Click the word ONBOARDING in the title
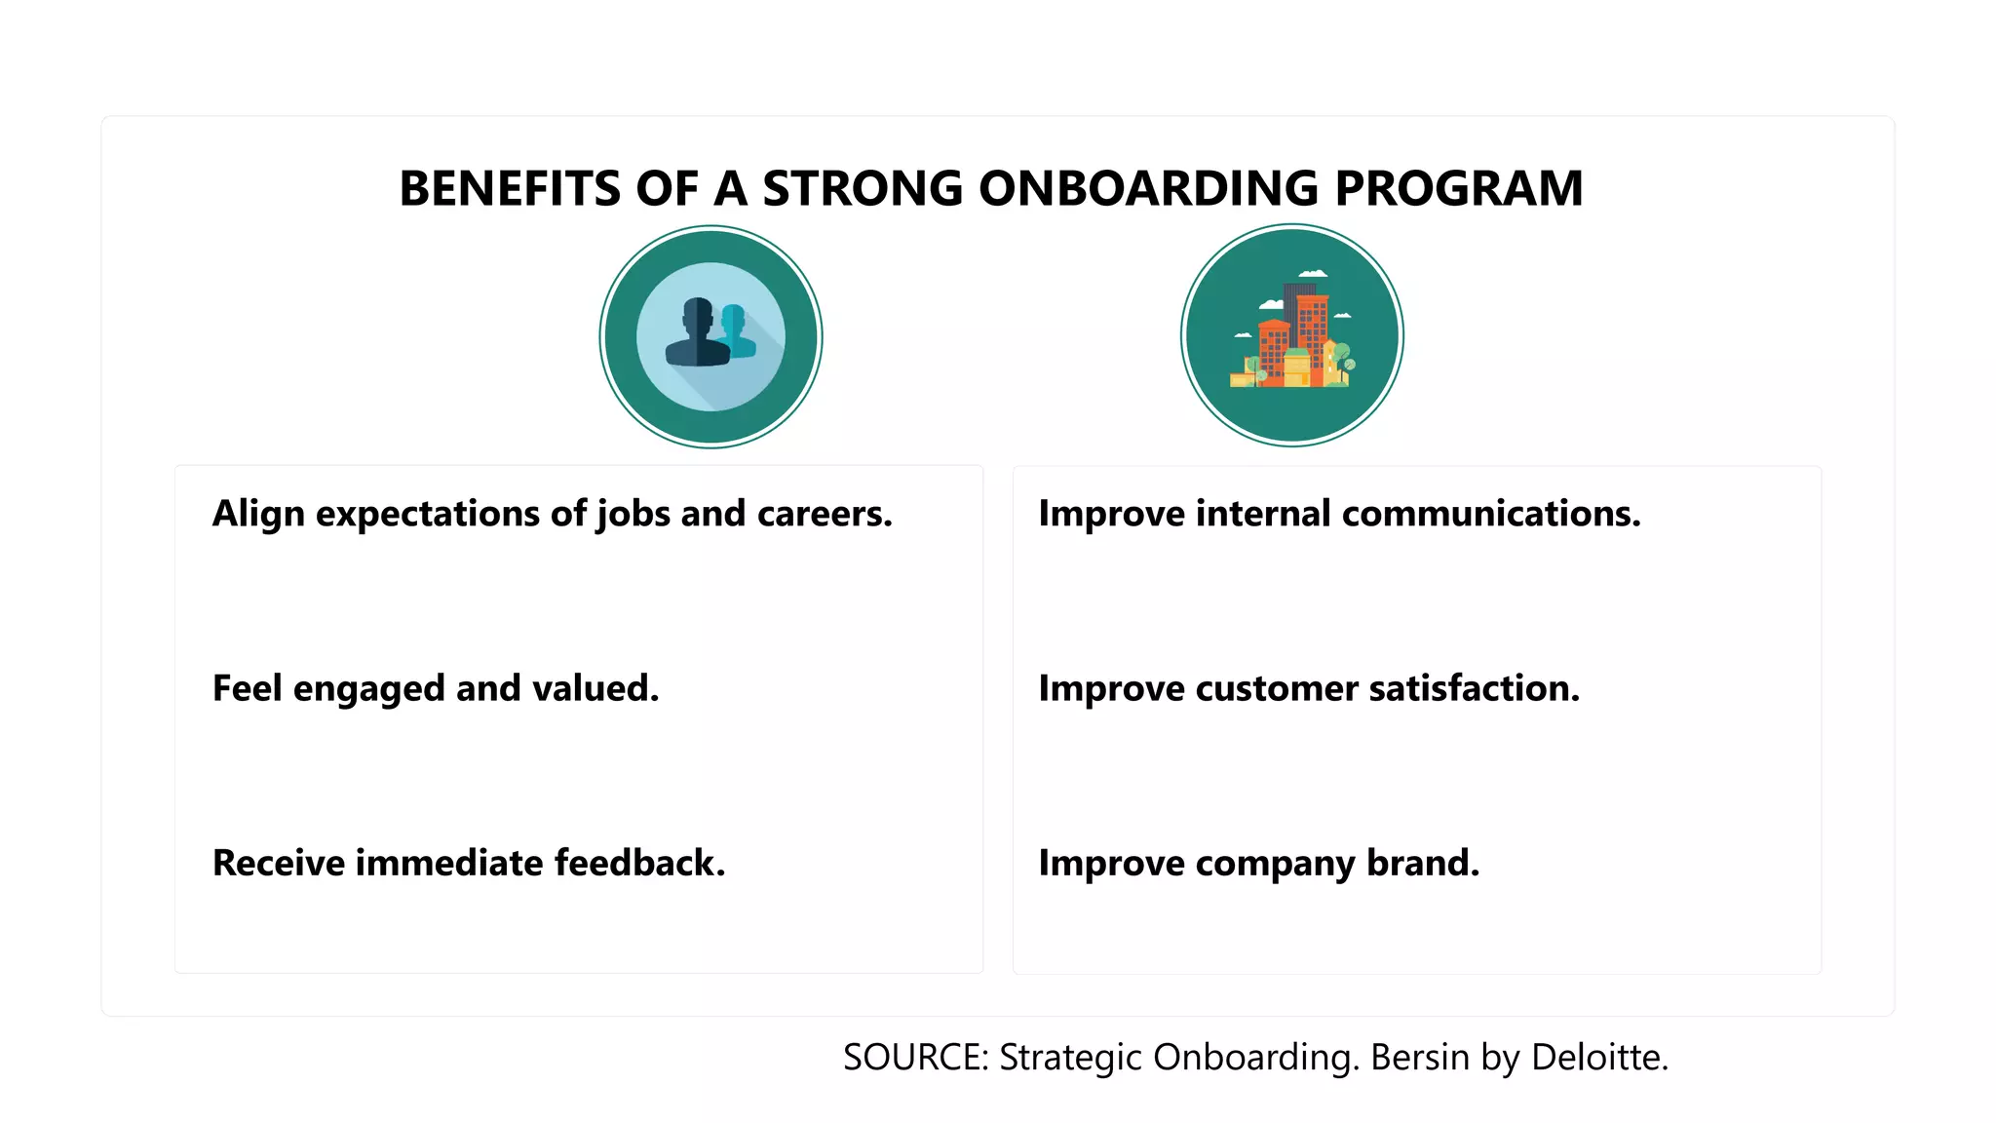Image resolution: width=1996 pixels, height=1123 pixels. coord(1148,188)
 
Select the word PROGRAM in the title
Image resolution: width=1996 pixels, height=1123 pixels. coord(1458,188)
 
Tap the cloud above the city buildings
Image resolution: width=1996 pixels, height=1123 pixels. coord(1313,274)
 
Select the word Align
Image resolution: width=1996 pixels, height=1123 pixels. coord(258,514)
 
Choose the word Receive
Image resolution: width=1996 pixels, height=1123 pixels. coord(278,864)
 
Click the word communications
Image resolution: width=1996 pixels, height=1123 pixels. coord(1491,514)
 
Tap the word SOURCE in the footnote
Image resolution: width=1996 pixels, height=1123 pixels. coord(915,1058)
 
